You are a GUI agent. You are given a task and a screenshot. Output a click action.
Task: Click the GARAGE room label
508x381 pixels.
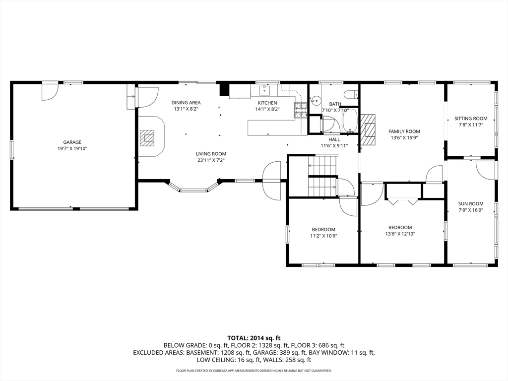point(72,142)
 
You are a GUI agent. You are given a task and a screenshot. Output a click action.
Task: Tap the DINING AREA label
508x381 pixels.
point(186,103)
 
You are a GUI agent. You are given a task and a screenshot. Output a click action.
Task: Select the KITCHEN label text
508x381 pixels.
point(267,103)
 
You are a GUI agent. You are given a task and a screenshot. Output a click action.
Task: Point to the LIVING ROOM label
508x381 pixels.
point(211,154)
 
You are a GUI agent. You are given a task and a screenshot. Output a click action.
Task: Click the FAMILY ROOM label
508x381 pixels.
point(404,131)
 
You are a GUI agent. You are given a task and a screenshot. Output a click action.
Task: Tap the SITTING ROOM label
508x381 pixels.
point(471,119)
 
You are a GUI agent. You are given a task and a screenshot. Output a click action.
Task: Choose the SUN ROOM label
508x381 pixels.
point(471,204)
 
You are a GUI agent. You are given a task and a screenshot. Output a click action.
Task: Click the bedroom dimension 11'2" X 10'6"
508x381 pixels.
point(323,236)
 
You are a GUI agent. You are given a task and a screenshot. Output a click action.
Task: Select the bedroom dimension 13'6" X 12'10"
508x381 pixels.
point(400,234)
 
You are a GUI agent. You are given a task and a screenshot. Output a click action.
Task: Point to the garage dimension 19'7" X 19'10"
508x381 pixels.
point(72,149)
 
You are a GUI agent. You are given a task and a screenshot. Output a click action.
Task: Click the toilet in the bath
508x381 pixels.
point(351,95)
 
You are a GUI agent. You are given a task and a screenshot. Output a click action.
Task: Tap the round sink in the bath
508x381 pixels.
point(314,101)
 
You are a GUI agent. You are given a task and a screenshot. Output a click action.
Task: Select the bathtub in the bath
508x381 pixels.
point(350,121)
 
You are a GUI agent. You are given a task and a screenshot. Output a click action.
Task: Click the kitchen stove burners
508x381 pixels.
point(300,110)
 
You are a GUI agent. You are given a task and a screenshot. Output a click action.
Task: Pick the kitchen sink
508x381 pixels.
point(265,90)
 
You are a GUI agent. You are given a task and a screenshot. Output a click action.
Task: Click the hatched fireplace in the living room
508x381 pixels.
point(147,138)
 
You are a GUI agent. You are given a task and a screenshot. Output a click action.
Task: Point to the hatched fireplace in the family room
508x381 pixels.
point(369,130)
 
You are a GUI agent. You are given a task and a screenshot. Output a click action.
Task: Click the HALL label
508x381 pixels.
point(334,139)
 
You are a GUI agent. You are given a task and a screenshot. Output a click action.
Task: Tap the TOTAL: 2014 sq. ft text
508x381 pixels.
point(254,338)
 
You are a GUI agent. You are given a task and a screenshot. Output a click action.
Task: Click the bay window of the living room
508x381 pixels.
point(193,189)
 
